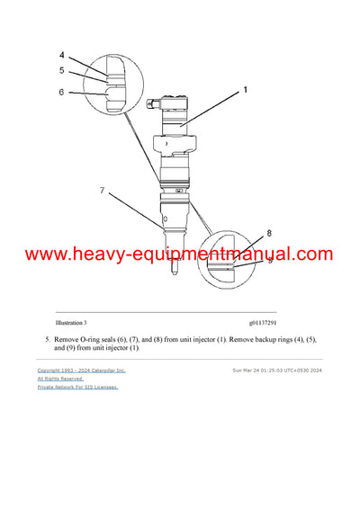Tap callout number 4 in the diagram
(x=62, y=56)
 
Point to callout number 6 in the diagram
(x=62, y=90)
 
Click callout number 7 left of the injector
(x=103, y=191)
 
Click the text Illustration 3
(x=71, y=322)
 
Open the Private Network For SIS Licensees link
(x=77, y=388)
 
